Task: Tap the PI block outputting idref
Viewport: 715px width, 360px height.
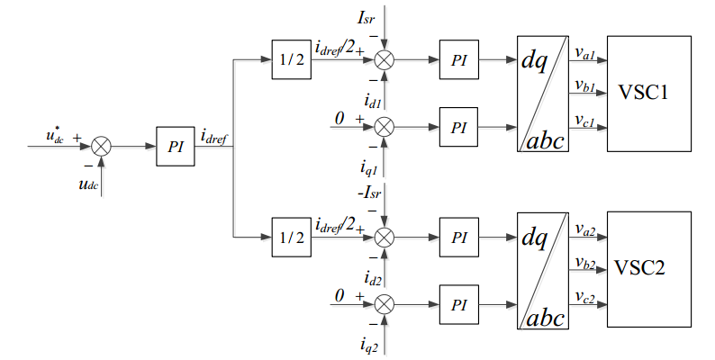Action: click(x=176, y=146)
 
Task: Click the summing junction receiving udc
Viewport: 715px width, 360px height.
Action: click(x=102, y=146)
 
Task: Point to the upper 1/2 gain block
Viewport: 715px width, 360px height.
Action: click(x=290, y=59)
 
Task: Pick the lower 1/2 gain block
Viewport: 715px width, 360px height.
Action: click(x=290, y=237)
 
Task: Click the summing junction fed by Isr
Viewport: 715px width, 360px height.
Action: click(x=385, y=59)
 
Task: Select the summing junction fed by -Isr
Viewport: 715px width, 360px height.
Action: click(x=385, y=237)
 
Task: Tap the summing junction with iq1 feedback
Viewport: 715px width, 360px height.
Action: click(x=385, y=125)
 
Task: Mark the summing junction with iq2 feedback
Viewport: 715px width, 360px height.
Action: click(x=385, y=301)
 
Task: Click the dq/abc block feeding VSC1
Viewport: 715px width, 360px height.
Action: click(x=543, y=93)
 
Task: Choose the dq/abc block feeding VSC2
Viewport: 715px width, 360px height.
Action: click(x=543, y=268)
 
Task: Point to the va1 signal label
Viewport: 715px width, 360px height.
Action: click(x=584, y=53)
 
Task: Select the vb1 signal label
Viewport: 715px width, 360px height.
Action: click(x=584, y=85)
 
